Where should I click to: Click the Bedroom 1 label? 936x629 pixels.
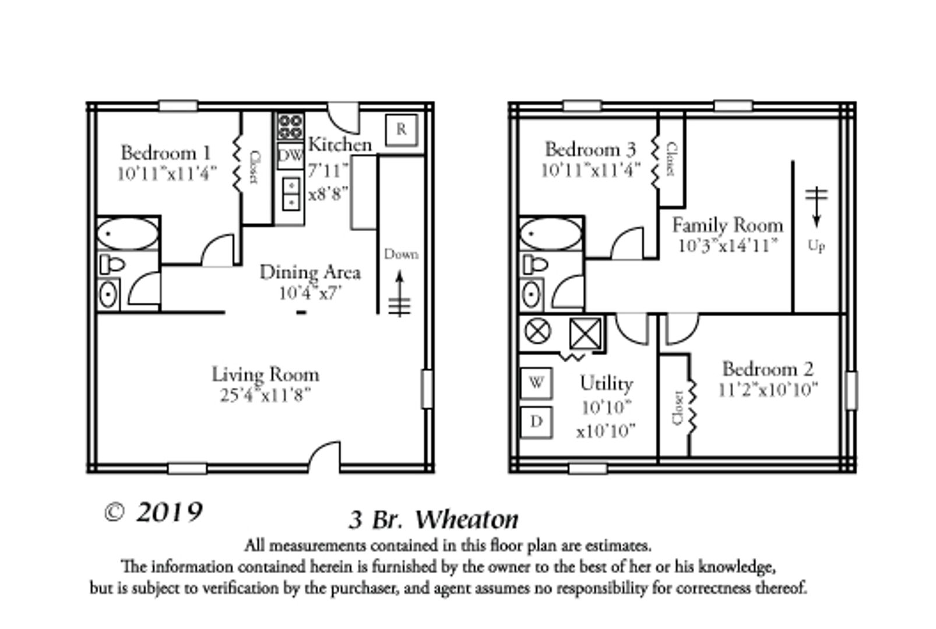click(x=166, y=153)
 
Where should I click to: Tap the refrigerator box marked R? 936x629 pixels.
click(x=402, y=129)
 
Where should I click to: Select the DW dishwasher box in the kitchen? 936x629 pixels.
click(x=290, y=156)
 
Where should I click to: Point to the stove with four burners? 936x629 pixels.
click(x=290, y=127)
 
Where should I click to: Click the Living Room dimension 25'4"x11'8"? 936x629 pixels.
click(x=265, y=395)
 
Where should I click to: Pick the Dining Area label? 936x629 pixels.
click(x=309, y=272)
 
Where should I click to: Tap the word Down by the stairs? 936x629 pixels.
click(x=401, y=255)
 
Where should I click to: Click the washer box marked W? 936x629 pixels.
click(x=536, y=383)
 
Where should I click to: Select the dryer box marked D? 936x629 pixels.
click(x=536, y=420)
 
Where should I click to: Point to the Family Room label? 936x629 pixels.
click(x=727, y=225)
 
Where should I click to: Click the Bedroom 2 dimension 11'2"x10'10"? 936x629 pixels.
click(x=768, y=389)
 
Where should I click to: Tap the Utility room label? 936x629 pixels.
click(x=606, y=383)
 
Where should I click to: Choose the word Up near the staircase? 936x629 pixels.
click(x=816, y=246)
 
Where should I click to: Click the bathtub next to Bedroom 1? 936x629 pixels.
click(x=127, y=234)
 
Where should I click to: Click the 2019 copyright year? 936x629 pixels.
click(x=169, y=513)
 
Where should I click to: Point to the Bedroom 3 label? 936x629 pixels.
click(x=590, y=149)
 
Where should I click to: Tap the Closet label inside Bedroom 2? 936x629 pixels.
click(x=677, y=408)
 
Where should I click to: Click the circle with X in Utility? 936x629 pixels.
click(x=537, y=331)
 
